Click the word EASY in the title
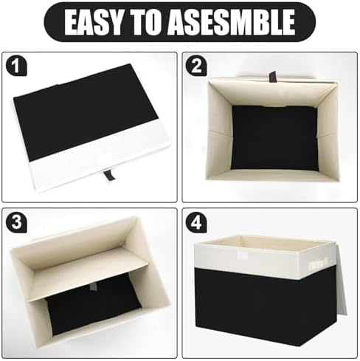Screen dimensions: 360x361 coord(94,22)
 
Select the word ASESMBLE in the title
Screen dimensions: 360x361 coord(232,22)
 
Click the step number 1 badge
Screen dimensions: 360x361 coord(16,66)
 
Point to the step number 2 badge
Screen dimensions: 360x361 coord(196,66)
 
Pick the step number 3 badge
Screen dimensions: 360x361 coord(16,221)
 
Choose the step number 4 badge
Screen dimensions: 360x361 coord(196,222)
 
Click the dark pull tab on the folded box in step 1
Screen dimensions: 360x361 coord(108,175)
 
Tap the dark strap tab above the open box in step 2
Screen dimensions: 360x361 coord(272,77)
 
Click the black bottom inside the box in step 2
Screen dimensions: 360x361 coord(275,138)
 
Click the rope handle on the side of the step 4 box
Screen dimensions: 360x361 coord(319,264)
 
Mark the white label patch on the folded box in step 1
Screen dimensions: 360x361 coord(105,157)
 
